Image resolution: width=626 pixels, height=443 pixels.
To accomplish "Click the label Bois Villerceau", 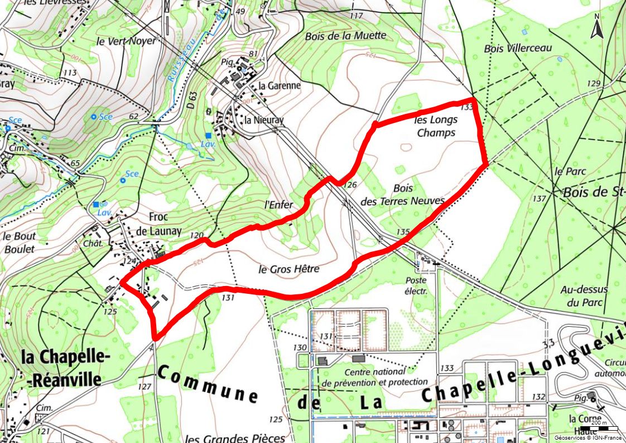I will [518, 49].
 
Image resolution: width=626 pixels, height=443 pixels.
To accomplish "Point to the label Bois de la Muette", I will [345, 36].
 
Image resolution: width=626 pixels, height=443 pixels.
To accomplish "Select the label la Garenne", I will [279, 86].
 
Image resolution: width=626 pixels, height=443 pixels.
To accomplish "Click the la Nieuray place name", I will [264, 120].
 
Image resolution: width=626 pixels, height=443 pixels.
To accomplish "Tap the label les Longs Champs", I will [436, 126].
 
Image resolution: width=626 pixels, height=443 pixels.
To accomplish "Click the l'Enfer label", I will [278, 205].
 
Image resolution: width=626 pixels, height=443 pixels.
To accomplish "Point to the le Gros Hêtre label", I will [289, 269].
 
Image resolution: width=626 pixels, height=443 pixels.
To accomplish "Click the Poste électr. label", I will [416, 285].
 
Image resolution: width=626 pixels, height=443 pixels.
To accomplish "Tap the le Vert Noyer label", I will [127, 41].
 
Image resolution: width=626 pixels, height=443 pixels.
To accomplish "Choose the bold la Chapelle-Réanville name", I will [61, 368].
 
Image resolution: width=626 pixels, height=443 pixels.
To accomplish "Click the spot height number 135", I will [403, 232].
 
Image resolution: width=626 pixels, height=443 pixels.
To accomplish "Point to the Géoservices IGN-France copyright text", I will [588, 437].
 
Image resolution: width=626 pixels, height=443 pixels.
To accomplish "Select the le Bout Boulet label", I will [18, 242].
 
